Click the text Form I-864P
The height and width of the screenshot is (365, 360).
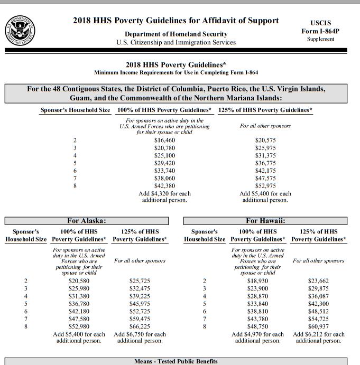click(320, 31)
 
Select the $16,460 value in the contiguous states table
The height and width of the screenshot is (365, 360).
click(164, 140)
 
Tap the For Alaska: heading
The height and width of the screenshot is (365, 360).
click(87, 220)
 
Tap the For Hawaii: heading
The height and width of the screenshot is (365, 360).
click(265, 220)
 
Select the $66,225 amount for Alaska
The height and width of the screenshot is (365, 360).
click(140, 326)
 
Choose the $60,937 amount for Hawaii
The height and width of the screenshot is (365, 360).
click(318, 326)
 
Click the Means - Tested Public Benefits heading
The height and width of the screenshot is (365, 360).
click(176, 361)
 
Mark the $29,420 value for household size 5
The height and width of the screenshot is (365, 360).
click(164, 163)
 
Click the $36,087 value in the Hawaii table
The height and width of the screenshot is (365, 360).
click(318, 296)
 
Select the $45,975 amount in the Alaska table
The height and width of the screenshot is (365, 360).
click(140, 304)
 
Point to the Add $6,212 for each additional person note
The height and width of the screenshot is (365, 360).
click(318, 338)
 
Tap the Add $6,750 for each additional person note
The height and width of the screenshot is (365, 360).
click(140, 338)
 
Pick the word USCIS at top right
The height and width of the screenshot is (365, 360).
click(320, 23)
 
